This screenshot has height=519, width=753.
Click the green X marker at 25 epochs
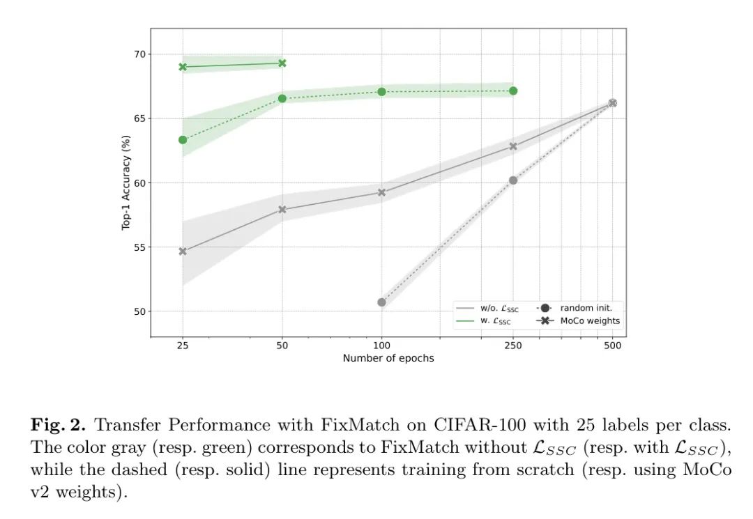click(183, 67)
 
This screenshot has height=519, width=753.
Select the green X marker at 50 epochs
click(282, 63)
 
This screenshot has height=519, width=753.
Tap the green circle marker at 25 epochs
click(183, 140)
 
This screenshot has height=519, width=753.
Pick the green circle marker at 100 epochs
click(381, 92)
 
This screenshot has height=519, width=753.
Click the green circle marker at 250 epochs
click(513, 91)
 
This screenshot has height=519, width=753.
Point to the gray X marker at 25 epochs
click(183, 251)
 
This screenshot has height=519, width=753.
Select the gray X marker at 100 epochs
click(381, 192)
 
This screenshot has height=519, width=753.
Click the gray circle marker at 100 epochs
click(381, 302)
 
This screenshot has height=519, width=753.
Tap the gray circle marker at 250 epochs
click(513, 180)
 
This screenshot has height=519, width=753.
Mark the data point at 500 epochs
click(612, 103)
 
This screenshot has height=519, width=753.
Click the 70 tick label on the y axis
click(139, 54)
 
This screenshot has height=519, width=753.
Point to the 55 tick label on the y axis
click(139, 247)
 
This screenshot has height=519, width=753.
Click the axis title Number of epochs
click(388, 358)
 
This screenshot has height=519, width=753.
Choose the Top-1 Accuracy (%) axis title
click(127, 183)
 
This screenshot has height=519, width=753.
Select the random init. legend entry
click(581, 307)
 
